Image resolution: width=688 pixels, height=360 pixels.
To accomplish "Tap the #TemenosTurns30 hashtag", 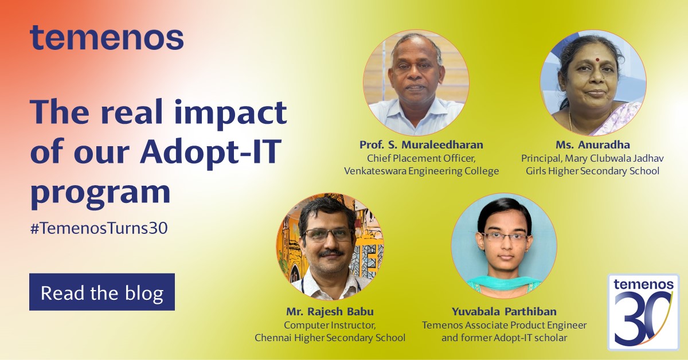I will tap(99, 228).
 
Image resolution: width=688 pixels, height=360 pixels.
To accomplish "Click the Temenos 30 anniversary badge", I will tap(643, 312).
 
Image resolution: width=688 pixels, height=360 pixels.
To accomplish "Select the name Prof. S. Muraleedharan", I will tap(421, 144).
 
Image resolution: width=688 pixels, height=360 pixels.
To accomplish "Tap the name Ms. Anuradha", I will tap(593, 144).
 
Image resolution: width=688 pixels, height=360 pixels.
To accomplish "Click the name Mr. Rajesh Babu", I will tap(330, 312).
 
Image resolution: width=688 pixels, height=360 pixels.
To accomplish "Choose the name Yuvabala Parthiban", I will tap(504, 312).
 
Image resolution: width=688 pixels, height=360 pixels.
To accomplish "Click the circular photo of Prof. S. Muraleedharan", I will tap(416, 83).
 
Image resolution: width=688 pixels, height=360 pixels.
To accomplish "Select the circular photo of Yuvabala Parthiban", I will tap(504, 246).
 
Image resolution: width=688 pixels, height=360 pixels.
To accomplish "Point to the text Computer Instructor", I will tap(330, 325).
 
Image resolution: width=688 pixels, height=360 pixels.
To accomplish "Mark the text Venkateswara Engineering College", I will tap(421, 171).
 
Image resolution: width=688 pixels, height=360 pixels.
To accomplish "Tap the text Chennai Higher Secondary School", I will tap(330, 338).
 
